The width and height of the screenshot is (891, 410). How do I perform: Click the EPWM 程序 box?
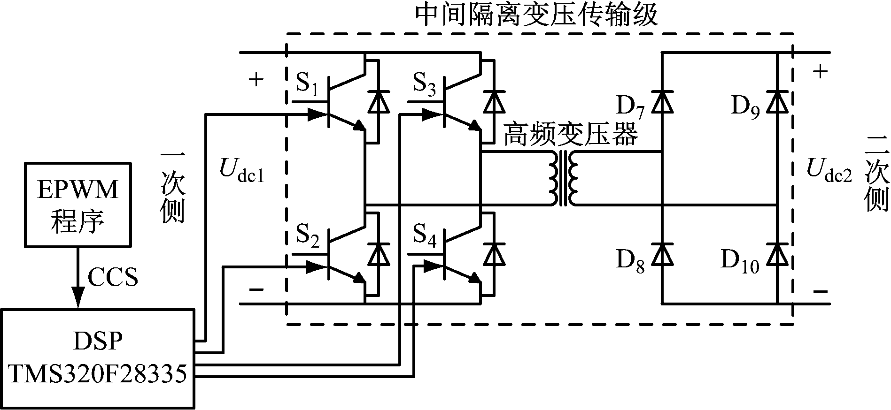click(77, 205)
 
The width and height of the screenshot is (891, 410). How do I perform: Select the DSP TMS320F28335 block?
click(98, 358)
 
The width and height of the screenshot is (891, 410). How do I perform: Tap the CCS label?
click(113, 277)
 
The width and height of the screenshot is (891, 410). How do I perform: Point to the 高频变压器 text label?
click(570, 135)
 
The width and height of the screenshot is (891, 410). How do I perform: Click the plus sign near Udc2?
click(820, 71)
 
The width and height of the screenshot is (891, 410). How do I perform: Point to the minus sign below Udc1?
click(256, 289)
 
